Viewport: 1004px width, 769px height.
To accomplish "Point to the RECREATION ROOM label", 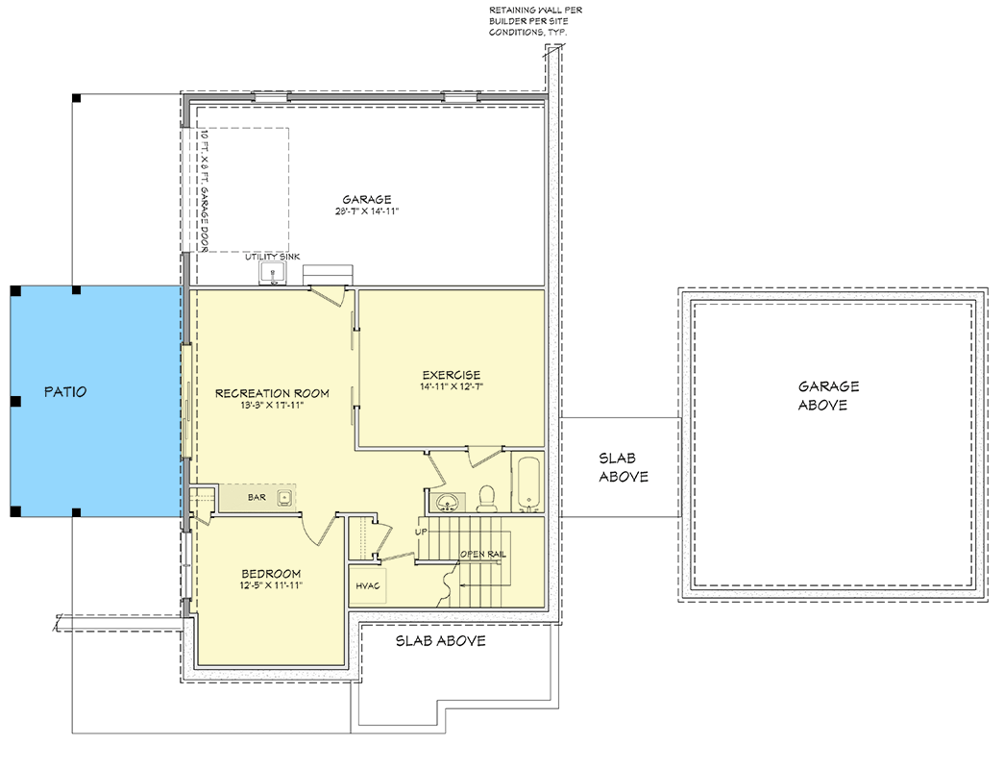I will click(x=272, y=393).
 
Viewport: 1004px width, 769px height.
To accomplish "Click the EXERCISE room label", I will click(x=451, y=375).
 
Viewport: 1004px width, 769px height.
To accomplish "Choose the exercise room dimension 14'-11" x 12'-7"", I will click(x=451, y=388).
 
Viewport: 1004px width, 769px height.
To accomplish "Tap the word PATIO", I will click(x=65, y=392).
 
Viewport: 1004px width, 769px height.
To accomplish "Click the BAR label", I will click(x=257, y=498).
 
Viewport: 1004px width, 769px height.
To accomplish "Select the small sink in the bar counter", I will click(x=284, y=497).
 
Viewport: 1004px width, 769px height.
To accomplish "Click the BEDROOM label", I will click(x=271, y=574).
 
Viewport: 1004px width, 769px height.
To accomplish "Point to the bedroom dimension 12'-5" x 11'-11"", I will click(x=271, y=586).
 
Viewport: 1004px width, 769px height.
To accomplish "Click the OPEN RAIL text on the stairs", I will click(x=483, y=555).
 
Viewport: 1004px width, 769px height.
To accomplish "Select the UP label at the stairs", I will click(x=421, y=532).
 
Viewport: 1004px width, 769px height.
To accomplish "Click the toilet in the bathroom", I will click(x=487, y=497).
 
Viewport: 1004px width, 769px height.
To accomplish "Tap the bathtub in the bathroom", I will click(x=529, y=484).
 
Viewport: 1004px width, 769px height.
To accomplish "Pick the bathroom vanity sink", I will click(x=446, y=501).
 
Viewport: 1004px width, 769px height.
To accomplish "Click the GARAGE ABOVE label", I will click(x=828, y=395).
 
